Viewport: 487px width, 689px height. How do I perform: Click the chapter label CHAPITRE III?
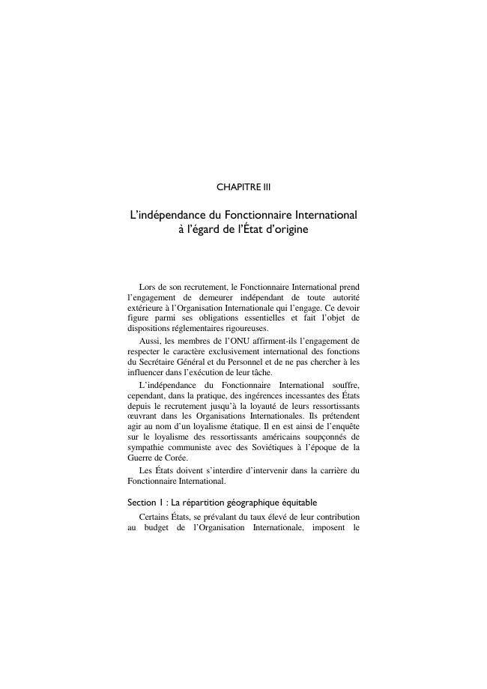243,186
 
